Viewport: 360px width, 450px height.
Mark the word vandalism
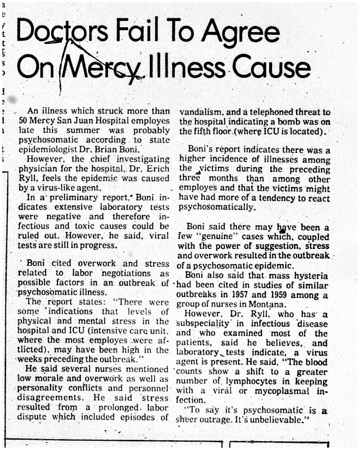(198, 112)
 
